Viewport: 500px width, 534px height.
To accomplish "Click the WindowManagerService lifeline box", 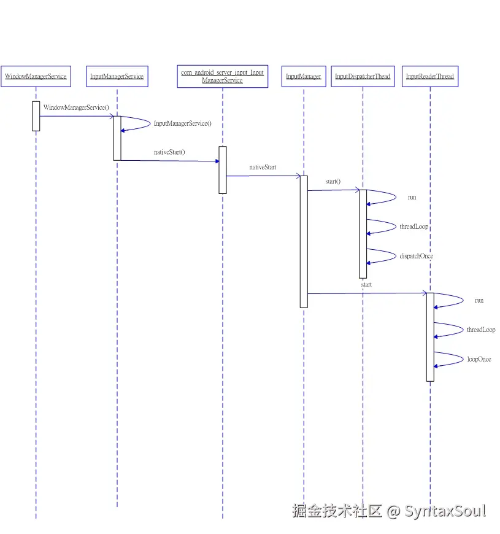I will pos(36,76).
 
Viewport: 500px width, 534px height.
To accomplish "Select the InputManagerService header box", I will pos(117,76).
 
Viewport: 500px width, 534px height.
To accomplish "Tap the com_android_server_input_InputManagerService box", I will pos(222,76).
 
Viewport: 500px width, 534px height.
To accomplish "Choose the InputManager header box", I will pos(303,76).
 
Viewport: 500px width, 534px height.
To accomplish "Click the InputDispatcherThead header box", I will pos(363,76).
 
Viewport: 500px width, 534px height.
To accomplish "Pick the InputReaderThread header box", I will pos(429,76).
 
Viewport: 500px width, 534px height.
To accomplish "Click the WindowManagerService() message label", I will pos(76,107).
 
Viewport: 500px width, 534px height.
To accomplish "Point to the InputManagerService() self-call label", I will pos(182,123).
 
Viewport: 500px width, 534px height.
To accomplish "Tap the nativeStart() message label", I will pos(169,152).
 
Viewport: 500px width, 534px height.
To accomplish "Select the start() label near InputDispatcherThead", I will pos(333,182).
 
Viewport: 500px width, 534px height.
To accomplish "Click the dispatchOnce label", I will pos(416,256).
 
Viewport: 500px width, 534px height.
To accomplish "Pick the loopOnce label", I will pos(479,359).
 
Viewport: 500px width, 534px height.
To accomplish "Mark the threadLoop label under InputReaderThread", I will pos(481,330).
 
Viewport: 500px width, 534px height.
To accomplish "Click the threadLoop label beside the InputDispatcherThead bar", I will pos(414,226).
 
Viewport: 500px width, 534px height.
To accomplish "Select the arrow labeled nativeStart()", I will pos(169,161).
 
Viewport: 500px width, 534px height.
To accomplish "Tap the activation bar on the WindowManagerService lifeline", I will pos(36,116).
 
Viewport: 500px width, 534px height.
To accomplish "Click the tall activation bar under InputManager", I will pos(303,241).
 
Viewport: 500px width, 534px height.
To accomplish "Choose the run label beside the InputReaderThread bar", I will pos(479,300).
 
